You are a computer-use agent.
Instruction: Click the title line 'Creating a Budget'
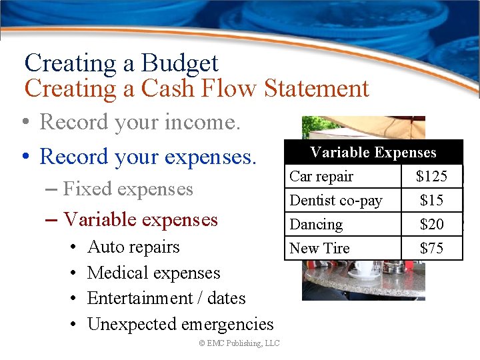coord(121,63)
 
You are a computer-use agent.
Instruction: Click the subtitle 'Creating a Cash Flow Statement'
coord(196,88)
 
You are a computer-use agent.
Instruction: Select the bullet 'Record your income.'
coord(140,122)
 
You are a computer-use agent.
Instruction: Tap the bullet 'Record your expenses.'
coord(147,156)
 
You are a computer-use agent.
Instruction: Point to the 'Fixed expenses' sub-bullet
coord(128,189)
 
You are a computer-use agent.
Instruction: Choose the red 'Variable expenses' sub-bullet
coord(140,219)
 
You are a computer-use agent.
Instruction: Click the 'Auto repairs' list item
coord(133,247)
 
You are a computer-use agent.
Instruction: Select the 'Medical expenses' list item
coord(153,273)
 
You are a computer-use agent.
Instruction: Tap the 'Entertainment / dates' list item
coord(166,298)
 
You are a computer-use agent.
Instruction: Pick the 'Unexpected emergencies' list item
coord(180,324)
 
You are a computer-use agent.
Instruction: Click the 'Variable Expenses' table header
coord(373,153)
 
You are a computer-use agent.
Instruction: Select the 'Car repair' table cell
coord(321,177)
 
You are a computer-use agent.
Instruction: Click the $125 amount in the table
coord(431,177)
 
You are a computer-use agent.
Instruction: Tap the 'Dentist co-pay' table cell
coord(335,201)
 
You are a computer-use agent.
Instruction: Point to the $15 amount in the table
coord(431,201)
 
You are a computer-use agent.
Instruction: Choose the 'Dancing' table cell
coord(316,225)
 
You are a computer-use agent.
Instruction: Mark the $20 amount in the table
coord(431,225)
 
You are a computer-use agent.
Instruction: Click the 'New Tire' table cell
coord(319,249)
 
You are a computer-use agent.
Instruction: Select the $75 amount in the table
coord(431,249)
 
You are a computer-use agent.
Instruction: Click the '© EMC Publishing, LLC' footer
coord(239,343)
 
